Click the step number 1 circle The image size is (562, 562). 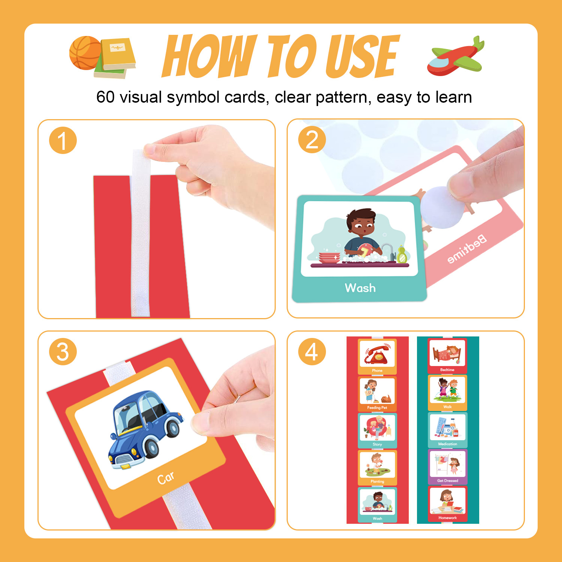(63, 140)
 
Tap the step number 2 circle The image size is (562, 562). (312, 140)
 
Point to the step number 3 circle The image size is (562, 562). (63, 352)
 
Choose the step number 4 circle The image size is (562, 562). (312, 352)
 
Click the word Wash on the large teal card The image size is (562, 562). (360, 288)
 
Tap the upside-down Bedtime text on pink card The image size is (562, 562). (467, 249)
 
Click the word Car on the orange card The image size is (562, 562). (166, 478)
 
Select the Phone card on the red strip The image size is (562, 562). (377, 356)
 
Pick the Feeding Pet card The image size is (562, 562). (377, 394)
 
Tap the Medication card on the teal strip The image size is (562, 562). (448, 430)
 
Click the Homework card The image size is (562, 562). (448, 504)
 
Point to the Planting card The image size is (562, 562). (377, 467)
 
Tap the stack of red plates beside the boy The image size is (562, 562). (329, 258)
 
